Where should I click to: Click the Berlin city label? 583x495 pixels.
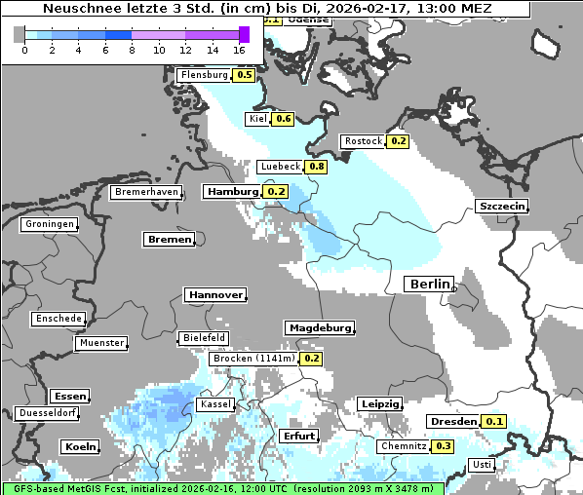pyautogui.click(x=428, y=284)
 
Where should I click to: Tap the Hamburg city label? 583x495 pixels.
pyautogui.click(x=232, y=192)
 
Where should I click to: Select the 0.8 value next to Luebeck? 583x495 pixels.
pyautogui.click(x=317, y=167)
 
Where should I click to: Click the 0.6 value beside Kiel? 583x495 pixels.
pyautogui.click(x=283, y=119)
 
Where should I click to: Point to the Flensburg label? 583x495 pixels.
pyautogui.click(x=204, y=75)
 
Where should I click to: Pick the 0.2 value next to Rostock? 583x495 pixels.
pyautogui.click(x=398, y=141)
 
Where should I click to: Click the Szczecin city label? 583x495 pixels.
pyautogui.click(x=502, y=206)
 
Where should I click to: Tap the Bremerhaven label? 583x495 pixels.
pyautogui.click(x=146, y=192)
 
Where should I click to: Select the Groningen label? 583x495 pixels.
pyautogui.click(x=50, y=224)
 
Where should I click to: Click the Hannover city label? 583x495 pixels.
pyautogui.click(x=214, y=294)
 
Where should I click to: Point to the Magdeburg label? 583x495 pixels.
pyautogui.click(x=319, y=327)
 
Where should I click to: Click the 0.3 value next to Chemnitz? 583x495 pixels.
pyautogui.click(x=443, y=446)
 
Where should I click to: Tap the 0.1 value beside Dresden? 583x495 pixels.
pyautogui.click(x=494, y=422)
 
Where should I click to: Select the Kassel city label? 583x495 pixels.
pyautogui.click(x=214, y=403)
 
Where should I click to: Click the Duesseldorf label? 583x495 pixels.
pyautogui.click(x=48, y=413)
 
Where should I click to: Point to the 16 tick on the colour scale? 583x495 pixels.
pyautogui.click(x=240, y=50)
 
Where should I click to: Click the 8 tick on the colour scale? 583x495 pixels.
pyautogui.click(x=132, y=50)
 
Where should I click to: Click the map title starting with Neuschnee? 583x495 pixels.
pyautogui.click(x=266, y=9)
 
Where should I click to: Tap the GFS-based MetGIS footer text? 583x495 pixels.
pyautogui.click(x=222, y=488)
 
